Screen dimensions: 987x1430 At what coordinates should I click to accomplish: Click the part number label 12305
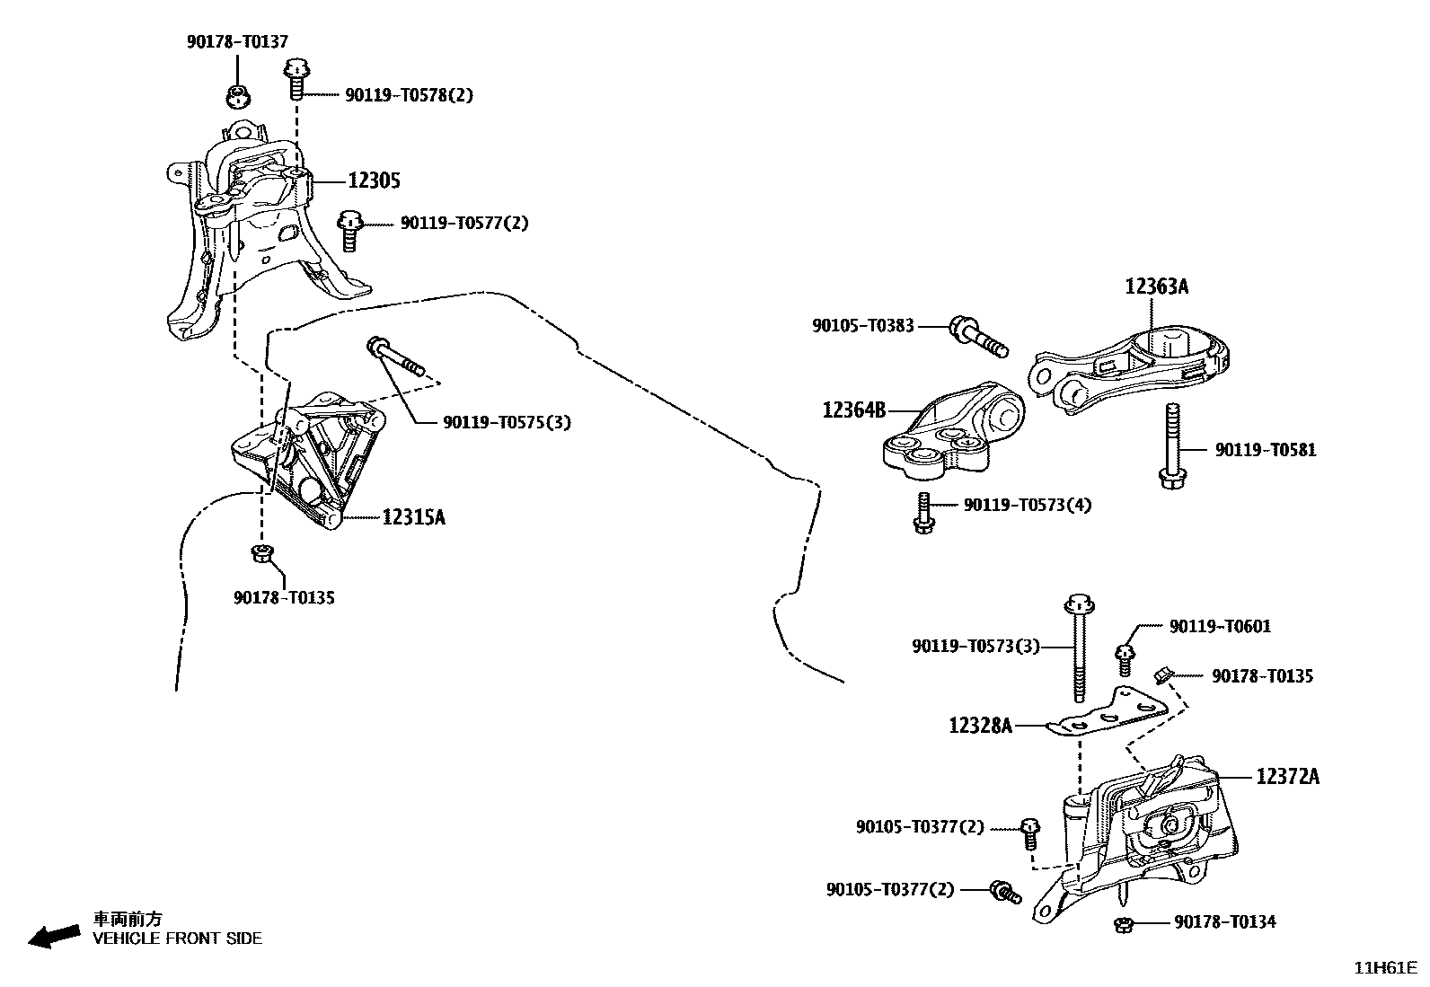coord(374,181)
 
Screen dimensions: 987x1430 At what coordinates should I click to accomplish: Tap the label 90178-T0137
coord(237,41)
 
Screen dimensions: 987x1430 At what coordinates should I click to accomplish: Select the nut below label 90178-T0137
coord(238,95)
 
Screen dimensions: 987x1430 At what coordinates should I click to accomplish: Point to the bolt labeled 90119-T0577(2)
coord(350,230)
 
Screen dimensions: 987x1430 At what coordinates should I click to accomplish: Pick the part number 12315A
coord(413,517)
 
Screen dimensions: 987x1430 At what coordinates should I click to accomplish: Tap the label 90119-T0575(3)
coord(507,422)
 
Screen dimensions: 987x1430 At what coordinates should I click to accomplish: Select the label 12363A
coord(1156,287)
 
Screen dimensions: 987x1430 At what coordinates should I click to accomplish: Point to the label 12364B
coord(853,410)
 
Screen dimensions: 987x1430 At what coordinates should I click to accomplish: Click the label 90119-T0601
coord(1220,627)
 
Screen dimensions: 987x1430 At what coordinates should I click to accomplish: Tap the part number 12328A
coord(980,725)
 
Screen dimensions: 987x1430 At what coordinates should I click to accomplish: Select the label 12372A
coord(1287,776)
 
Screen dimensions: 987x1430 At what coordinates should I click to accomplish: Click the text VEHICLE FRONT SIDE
coord(178,939)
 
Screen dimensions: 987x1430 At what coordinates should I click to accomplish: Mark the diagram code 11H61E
coord(1385,969)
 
